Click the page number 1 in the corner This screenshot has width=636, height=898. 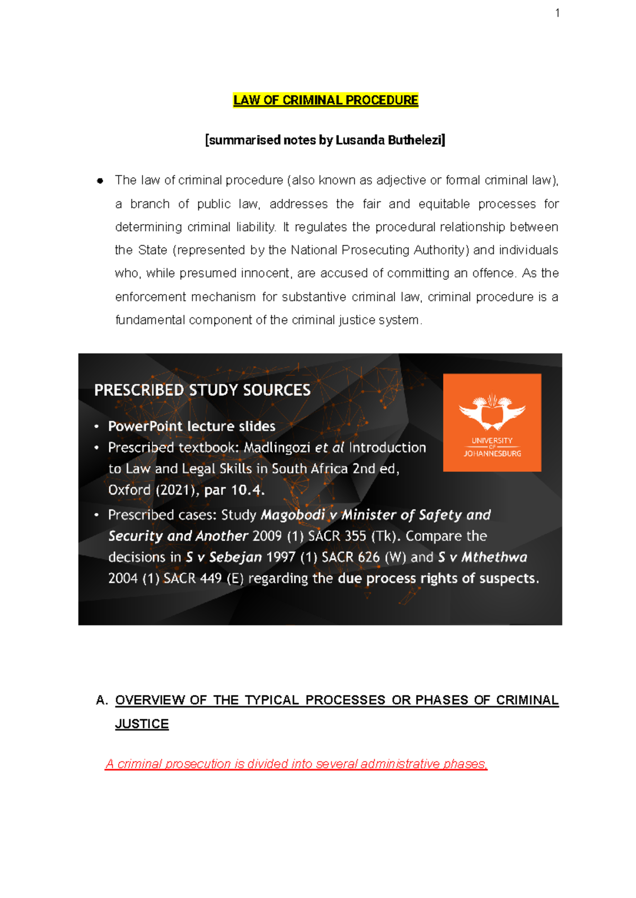click(557, 13)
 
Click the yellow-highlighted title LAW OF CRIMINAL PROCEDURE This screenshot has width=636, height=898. click(325, 100)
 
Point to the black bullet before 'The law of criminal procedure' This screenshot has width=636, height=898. click(100, 181)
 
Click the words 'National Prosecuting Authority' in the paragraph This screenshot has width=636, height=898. click(379, 250)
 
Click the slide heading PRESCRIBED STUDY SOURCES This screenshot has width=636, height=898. click(202, 390)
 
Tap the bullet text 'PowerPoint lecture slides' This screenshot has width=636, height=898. click(191, 426)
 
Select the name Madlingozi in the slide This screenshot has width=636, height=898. click(277, 448)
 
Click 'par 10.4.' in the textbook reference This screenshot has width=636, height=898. click(234, 490)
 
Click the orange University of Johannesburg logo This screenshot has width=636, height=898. click(492, 422)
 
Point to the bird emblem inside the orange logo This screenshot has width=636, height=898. click(492, 412)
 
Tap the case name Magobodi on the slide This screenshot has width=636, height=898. click(293, 515)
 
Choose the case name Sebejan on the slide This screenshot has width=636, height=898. click(235, 558)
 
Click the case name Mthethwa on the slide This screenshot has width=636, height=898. click(494, 558)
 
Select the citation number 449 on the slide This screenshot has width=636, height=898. click(210, 579)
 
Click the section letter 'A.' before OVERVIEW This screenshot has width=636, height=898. click(102, 701)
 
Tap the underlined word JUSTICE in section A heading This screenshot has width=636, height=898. click(142, 724)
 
